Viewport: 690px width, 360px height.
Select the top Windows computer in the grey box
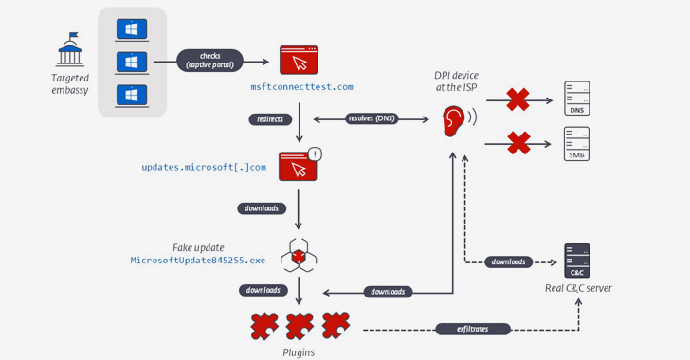(x=132, y=29)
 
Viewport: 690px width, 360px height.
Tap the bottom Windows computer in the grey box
(x=132, y=96)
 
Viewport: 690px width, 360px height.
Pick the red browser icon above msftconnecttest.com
(x=299, y=61)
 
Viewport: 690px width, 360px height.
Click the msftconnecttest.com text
(x=301, y=87)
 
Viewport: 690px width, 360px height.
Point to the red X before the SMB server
(x=517, y=143)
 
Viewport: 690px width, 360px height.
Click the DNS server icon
(x=576, y=99)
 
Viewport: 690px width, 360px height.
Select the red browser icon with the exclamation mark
(x=299, y=166)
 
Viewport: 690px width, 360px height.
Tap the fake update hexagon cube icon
(x=299, y=255)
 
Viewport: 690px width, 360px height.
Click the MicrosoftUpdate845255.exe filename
(x=198, y=260)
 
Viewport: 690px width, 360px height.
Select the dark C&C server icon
(x=576, y=261)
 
